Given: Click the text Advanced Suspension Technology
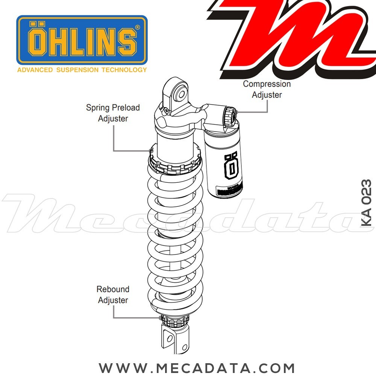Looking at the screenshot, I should click(x=82, y=70).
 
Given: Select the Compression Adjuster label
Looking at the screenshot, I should click(x=267, y=89).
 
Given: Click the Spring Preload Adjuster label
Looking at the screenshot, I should click(x=113, y=113).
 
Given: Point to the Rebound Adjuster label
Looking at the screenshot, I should click(x=113, y=294).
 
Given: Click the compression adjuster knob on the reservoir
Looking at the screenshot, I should click(x=230, y=115).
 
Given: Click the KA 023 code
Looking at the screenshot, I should click(x=366, y=203).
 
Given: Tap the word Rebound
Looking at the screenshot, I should click(x=113, y=289).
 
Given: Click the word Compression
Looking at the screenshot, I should click(x=267, y=84).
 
